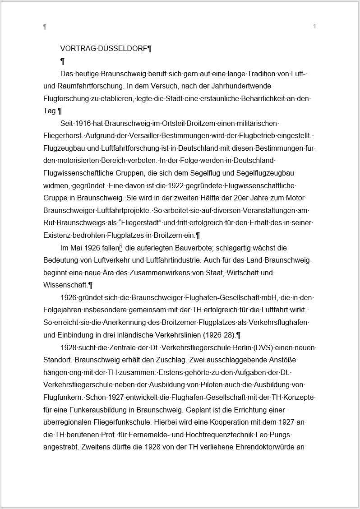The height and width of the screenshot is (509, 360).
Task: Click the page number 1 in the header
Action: tap(314, 27)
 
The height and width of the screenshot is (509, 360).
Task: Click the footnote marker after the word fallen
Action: tap(121, 248)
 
